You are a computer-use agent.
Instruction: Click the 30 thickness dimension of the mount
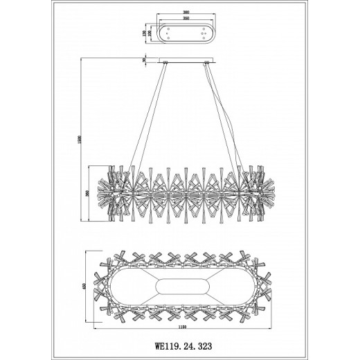tap(145, 60)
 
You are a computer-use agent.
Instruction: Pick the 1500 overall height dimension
tap(82, 142)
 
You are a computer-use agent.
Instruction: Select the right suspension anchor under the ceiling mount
tap(206, 65)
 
